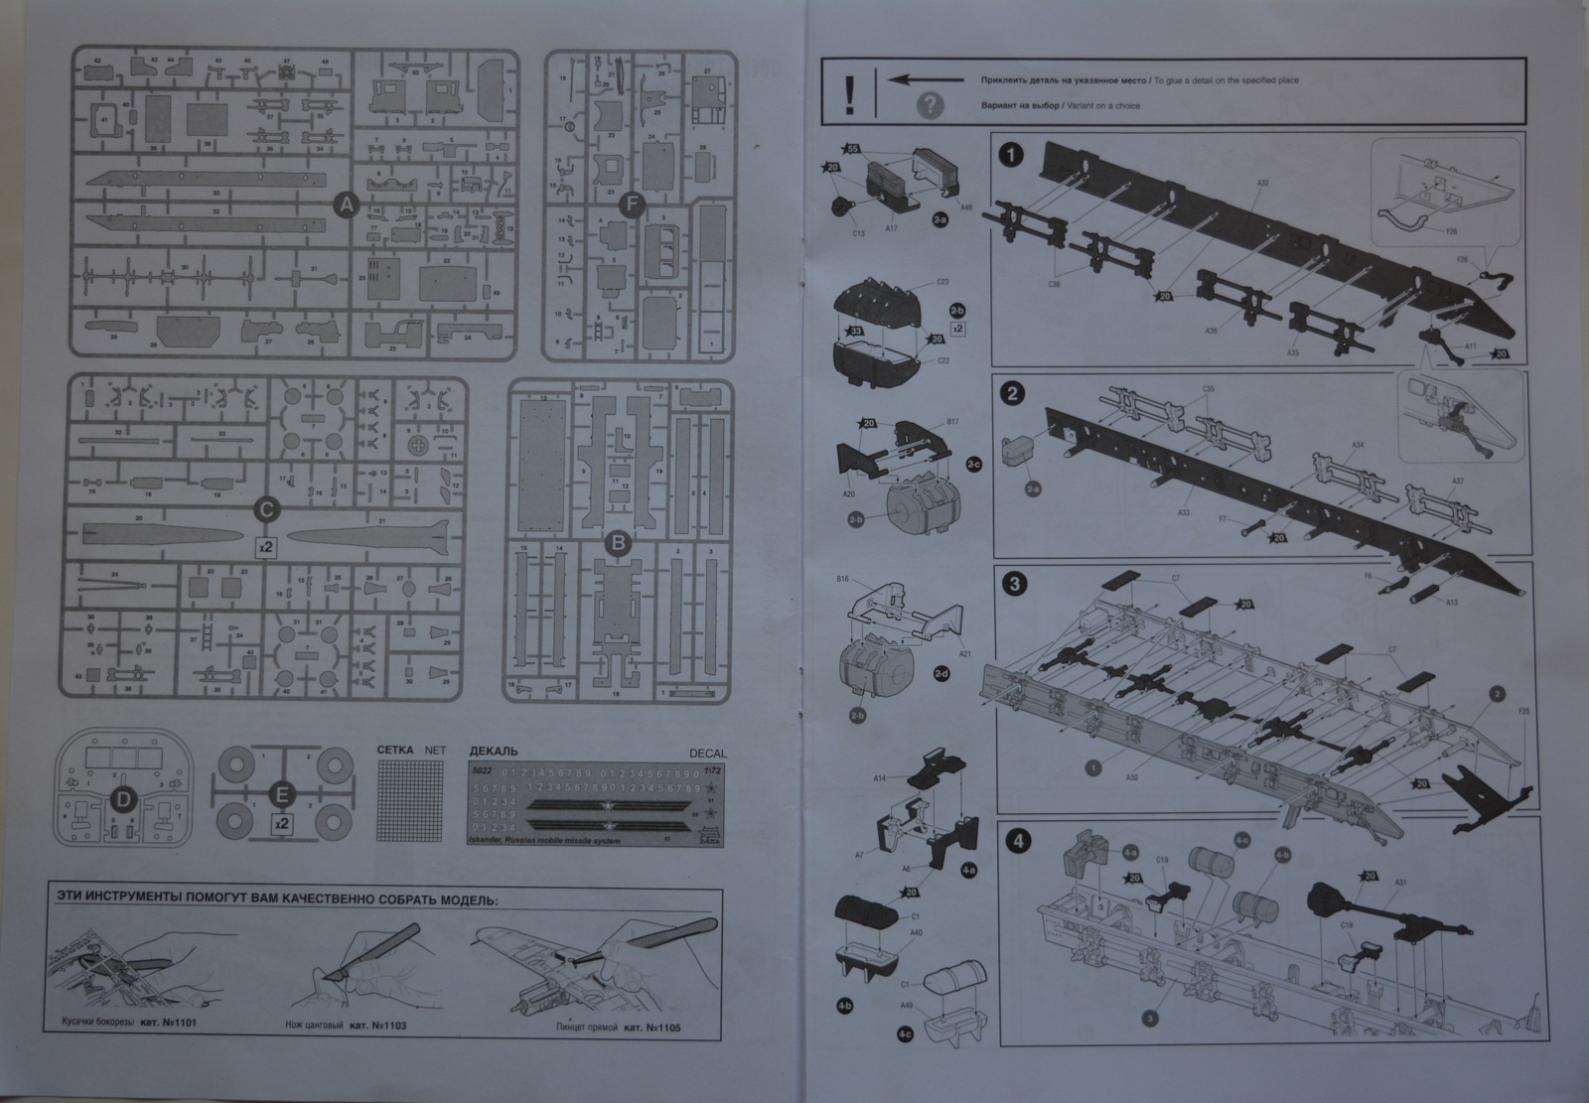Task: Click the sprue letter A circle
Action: click(x=346, y=206)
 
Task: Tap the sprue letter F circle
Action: click(x=629, y=206)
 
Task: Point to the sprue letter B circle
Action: click(x=618, y=543)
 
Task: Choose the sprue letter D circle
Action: click(x=122, y=799)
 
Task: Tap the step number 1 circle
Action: click(x=1011, y=156)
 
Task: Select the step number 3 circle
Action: click(x=1013, y=584)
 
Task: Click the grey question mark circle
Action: click(x=930, y=105)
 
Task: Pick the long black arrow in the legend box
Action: click(x=928, y=79)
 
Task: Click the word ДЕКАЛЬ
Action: click(x=493, y=752)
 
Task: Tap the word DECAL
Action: click(x=707, y=753)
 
